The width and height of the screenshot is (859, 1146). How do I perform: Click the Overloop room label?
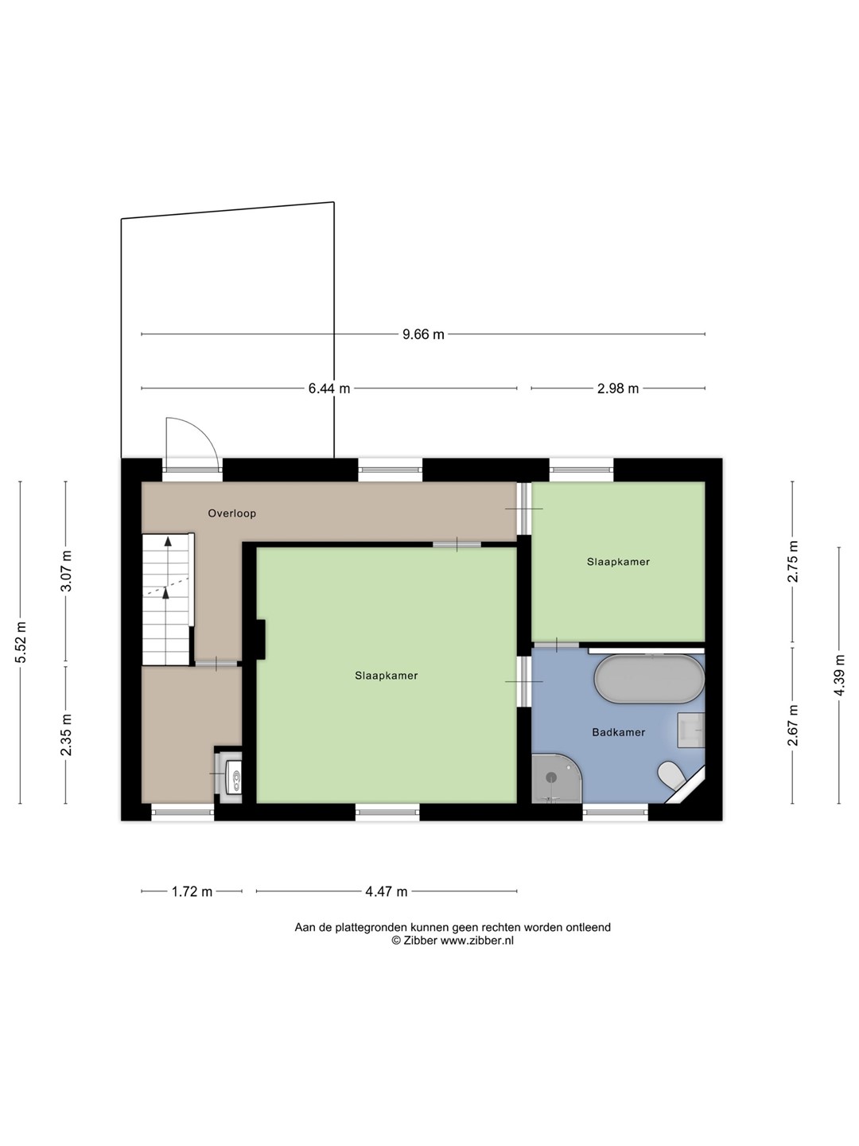tap(232, 513)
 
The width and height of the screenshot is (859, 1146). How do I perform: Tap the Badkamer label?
tap(619, 732)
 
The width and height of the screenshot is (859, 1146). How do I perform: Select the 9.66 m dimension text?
tap(423, 334)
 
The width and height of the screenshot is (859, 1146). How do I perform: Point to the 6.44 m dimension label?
tap(329, 388)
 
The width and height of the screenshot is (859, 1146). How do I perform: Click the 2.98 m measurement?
tap(618, 388)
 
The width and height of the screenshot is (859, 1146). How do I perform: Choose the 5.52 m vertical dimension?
tap(21, 642)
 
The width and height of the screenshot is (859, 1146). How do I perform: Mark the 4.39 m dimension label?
tap(839, 675)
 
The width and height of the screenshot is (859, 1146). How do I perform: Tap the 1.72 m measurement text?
tap(192, 891)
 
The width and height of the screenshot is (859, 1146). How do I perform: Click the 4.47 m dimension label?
tap(387, 891)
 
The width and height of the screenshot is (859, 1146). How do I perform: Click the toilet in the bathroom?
tap(673, 775)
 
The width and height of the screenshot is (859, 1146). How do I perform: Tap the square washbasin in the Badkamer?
tap(691, 731)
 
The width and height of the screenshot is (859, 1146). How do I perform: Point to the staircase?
tap(166, 598)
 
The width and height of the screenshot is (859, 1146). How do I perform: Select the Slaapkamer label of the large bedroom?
tap(387, 676)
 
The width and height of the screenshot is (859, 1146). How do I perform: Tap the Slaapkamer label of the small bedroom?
tap(619, 562)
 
